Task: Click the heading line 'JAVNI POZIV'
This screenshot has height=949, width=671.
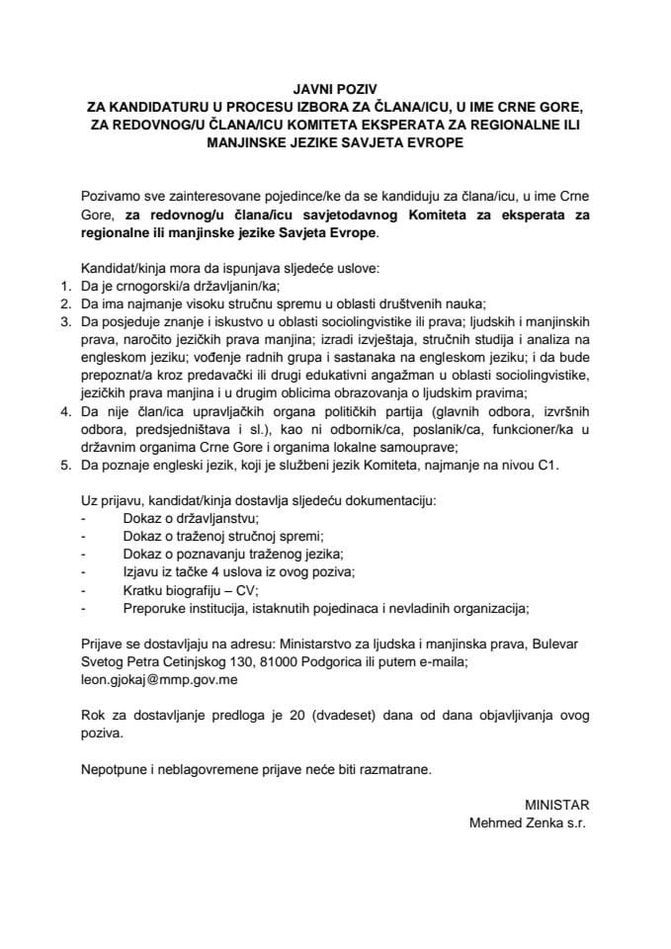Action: point(335,88)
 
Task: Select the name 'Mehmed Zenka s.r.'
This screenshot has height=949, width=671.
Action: point(528,821)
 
